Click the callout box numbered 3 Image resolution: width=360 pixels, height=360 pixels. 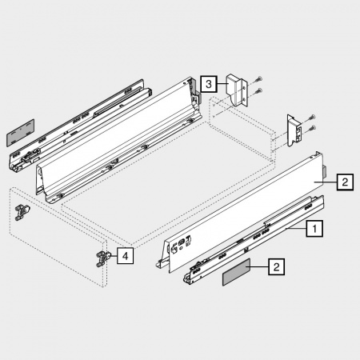coord(209,84)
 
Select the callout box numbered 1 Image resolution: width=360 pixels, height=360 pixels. coord(314,229)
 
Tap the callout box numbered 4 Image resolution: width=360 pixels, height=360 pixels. coord(125,256)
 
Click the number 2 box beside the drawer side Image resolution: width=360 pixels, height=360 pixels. coord(345,182)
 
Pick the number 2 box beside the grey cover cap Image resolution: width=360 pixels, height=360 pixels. coord(276,266)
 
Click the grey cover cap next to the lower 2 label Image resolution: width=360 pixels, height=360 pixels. coord(236,272)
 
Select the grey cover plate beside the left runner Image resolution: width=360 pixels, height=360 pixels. coord(20,133)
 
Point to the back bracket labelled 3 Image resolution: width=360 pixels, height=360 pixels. coord(237,90)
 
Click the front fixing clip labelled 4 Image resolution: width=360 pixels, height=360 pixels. coord(102,258)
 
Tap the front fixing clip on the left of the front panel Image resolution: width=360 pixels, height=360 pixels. coord(22,213)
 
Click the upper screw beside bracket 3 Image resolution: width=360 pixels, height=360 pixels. coord(258,79)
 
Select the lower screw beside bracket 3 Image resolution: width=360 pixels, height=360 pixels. coord(258,91)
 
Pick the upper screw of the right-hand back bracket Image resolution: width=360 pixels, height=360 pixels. coord(312,118)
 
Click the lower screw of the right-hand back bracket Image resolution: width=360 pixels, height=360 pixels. coord(312,128)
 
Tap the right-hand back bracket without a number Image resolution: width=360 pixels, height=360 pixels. coord(294,130)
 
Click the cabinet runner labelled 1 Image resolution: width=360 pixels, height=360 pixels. coord(254,240)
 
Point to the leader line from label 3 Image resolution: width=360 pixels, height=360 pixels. coord(222,84)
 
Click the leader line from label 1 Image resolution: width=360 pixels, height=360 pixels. coord(296,229)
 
